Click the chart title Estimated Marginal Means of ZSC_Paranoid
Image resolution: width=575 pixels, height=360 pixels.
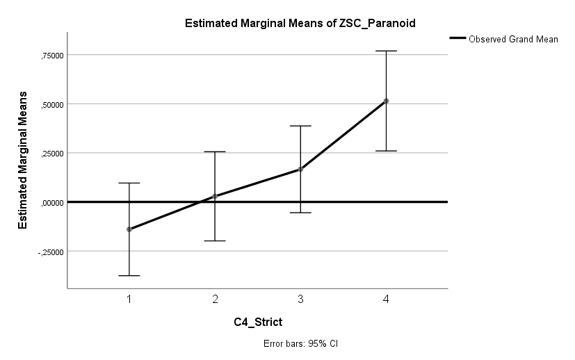click(300, 24)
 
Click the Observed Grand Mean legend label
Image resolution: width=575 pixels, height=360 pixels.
click(513, 39)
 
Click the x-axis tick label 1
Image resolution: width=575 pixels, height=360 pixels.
click(129, 299)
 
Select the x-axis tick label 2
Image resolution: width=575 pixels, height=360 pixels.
click(215, 299)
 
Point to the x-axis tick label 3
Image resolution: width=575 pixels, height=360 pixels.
click(300, 299)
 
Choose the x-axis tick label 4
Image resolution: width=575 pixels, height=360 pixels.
click(386, 299)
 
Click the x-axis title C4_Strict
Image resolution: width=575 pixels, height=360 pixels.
click(257, 322)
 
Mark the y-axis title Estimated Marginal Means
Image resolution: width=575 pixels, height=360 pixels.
click(23, 160)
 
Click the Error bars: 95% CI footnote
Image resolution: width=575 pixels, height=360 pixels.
click(300, 343)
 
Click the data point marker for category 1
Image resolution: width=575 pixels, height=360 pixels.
click(129, 229)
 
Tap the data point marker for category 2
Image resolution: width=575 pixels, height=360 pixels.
click(215, 196)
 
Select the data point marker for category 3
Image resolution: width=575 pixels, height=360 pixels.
click(300, 170)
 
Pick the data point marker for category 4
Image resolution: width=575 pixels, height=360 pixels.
click(386, 101)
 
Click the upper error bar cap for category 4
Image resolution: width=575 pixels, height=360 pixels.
click(386, 51)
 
